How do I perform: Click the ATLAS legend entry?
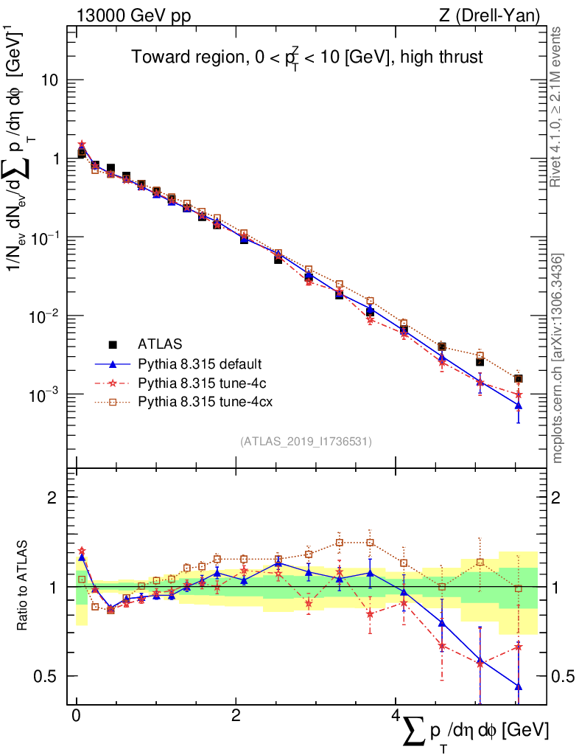(x=159, y=344)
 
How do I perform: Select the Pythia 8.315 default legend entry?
(x=200, y=363)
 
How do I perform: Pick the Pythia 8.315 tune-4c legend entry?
(x=198, y=383)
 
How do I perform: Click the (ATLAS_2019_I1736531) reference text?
(x=306, y=442)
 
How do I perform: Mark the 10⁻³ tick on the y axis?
(x=46, y=394)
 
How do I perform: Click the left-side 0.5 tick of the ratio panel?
(x=49, y=676)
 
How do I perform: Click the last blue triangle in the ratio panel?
(x=519, y=686)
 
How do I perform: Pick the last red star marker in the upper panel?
(x=519, y=394)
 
